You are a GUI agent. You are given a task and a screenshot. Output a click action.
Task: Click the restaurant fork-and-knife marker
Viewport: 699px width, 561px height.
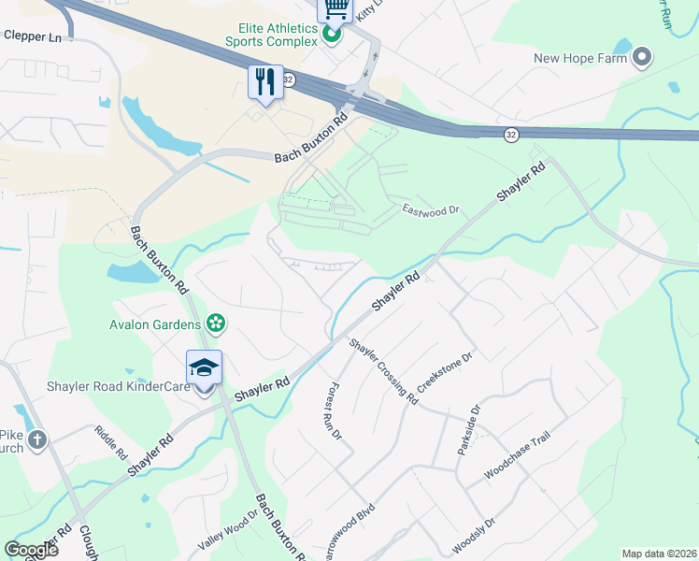(x=265, y=81)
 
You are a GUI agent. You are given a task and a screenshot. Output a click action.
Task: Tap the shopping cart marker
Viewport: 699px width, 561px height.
(x=335, y=10)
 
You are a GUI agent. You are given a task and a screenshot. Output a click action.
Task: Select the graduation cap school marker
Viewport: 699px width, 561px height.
(x=204, y=367)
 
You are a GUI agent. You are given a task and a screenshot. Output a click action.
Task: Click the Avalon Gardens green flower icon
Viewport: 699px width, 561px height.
(x=217, y=324)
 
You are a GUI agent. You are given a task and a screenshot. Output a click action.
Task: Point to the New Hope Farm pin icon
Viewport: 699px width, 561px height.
(x=642, y=59)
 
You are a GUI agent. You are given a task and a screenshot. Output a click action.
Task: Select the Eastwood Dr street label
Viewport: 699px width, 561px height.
(x=431, y=210)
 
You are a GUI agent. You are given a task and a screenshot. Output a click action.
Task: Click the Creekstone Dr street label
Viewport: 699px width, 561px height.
(x=447, y=373)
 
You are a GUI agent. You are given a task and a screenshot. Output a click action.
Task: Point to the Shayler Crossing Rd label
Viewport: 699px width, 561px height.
(x=383, y=371)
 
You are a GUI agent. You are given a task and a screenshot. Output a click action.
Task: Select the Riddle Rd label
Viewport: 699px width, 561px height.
(x=110, y=441)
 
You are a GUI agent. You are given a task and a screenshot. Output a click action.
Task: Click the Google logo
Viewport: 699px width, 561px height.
(x=31, y=550)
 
